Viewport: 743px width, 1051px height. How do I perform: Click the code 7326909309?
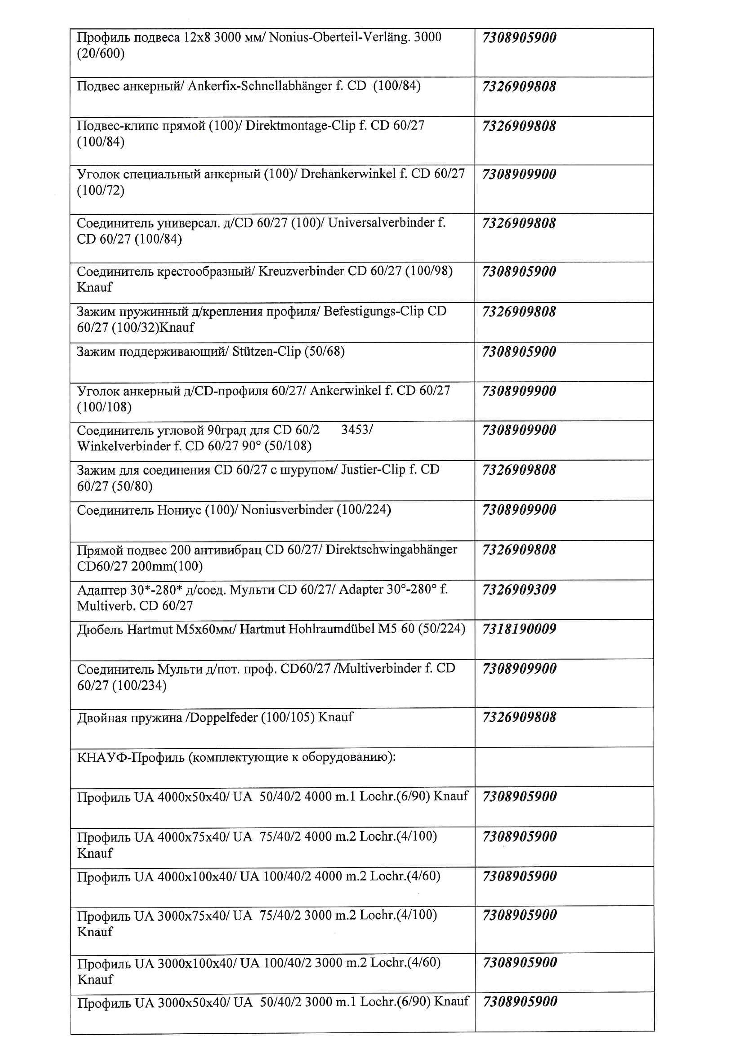tap(519, 589)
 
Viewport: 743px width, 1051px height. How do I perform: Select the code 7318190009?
tap(519, 629)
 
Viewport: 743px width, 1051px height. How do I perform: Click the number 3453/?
tap(357, 430)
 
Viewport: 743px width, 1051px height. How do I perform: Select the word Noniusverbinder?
tap(287, 510)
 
